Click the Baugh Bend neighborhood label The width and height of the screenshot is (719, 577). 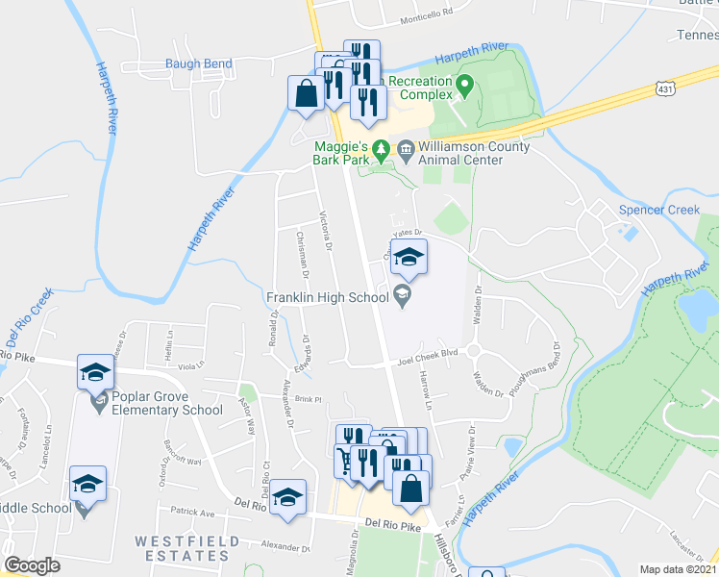click(x=199, y=63)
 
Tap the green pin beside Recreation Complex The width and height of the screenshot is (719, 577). click(x=465, y=87)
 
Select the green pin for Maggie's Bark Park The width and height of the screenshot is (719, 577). click(x=382, y=150)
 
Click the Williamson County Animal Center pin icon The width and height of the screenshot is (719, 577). click(x=405, y=150)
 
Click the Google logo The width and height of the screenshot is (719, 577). click(x=32, y=565)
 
